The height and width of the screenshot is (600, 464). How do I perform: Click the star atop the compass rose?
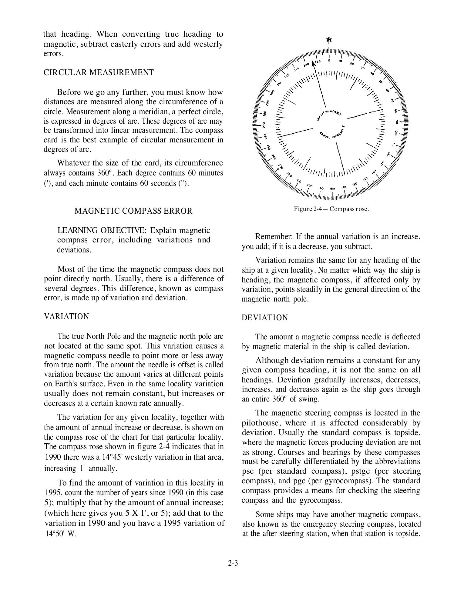click(329, 40)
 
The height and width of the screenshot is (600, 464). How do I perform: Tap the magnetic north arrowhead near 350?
click(313, 64)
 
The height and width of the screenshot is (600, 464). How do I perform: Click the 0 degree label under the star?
click(329, 60)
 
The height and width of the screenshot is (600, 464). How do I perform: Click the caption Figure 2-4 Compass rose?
click(331, 209)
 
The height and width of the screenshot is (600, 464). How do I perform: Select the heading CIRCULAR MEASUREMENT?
click(99, 73)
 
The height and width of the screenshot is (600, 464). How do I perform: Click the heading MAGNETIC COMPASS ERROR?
click(133, 211)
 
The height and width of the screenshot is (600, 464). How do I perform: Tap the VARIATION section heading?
click(67, 316)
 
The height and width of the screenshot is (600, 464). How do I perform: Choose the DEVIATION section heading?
click(265, 318)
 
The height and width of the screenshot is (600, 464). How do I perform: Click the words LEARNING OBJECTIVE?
click(102, 230)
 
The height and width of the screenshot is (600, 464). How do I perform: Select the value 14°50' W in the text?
click(61, 534)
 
